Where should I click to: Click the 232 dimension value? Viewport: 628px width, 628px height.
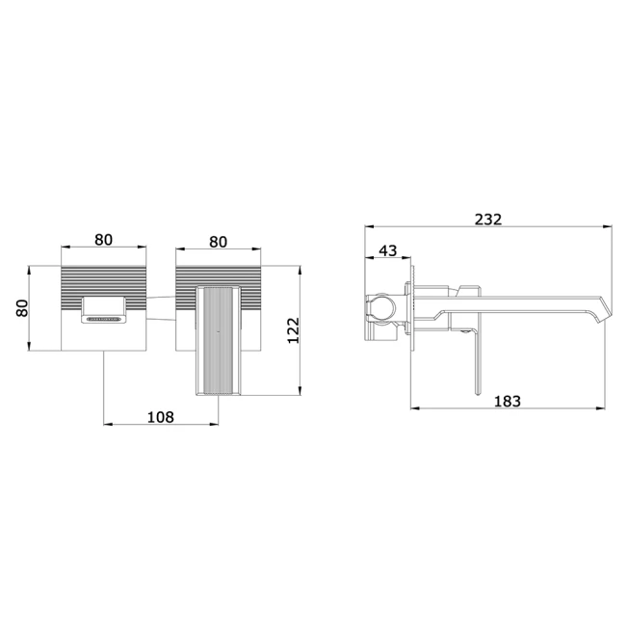click(x=487, y=220)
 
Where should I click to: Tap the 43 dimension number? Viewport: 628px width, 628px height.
click(x=387, y=250)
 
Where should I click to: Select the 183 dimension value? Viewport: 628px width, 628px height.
click(x=507, y=401)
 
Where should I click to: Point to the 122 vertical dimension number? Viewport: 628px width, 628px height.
click(x=294, y=330)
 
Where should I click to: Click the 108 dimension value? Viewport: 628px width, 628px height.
click(x=161, y=417)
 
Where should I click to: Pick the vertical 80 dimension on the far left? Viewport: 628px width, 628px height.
click(x=22, y=308)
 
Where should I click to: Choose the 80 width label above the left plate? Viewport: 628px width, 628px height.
click(x=103, y=240)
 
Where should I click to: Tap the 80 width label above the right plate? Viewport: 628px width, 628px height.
click(x=218, y=242)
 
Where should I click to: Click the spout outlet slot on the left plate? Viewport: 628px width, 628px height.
click(x=104, y=320)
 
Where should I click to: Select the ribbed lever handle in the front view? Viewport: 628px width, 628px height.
click(x=219, y=340)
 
